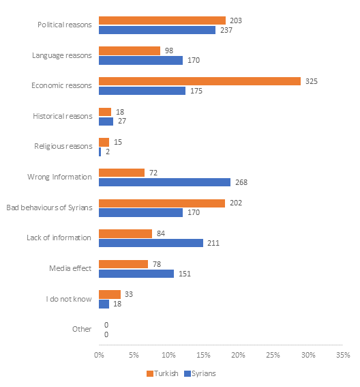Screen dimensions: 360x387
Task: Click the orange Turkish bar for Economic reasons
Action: tap(200, 81)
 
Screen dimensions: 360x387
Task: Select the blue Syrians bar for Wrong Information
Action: tap(165, 182)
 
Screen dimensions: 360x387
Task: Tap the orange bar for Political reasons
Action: tap(162, 20)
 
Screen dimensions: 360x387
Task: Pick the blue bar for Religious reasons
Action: tap(100, 152)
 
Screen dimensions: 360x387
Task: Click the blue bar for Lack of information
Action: tap(151, 243)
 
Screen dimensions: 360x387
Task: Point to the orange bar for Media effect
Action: tap(123, 264)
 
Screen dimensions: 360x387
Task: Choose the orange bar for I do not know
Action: tap(110, 294)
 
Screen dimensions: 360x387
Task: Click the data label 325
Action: tap(312, 81)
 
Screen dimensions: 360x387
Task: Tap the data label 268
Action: tap(241, 182)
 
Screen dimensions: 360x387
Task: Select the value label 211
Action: tap(213, 243)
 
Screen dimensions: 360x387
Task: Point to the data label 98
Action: tap(169, 51)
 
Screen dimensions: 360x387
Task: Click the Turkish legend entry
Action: tap(162, 373)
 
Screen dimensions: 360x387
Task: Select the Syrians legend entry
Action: tap(200, 373)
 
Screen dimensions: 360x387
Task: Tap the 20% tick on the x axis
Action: tap(238, 355)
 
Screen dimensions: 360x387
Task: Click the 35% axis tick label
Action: tap(343, 355)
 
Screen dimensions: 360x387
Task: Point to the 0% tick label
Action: tap(99, 355)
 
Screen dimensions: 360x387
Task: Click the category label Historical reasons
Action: tap(63, 116)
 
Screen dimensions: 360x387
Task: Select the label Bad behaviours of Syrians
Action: tap(49, 207)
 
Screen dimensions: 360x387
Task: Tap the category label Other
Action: tap(82, 329)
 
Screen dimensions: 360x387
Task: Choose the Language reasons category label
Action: tap(62, 55)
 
